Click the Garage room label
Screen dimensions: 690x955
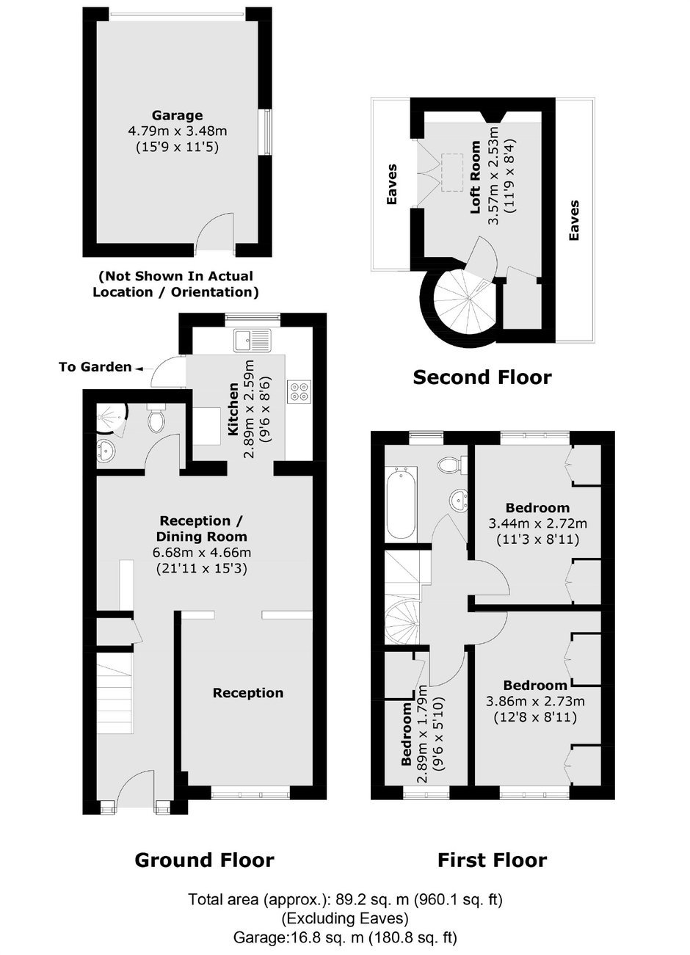tap(178, 115)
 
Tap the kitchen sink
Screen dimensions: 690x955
tap(252, 340)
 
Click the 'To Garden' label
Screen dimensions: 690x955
tap(95, 367)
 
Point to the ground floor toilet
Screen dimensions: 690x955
tap(156, 418)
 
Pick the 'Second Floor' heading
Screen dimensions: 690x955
tap(482, 377)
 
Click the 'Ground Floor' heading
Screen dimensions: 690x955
tap(204, 860)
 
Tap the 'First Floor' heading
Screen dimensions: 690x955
tap(492, 860)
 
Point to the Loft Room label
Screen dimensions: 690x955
tap(475, 177)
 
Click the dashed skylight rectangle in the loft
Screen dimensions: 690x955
tap(452, 172)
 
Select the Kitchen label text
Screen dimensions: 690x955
tap(233, 410)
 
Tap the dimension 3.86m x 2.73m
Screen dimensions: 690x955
tap(535, 701)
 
